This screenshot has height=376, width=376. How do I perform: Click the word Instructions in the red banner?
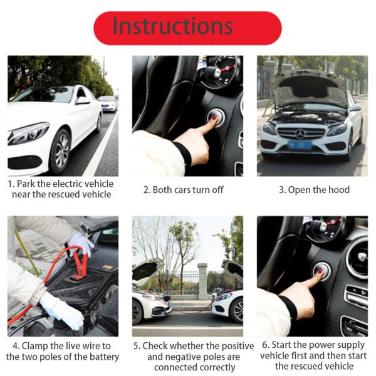coord(172,27)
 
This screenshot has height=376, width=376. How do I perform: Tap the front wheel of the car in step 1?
coord(61,151)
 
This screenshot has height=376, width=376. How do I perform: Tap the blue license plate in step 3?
coord(300,145)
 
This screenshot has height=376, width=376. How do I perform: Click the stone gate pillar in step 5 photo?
coord(202,280)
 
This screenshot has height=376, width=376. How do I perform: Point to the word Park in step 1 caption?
coord(32,184)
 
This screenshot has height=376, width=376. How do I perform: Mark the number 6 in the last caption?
coord(266,345)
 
